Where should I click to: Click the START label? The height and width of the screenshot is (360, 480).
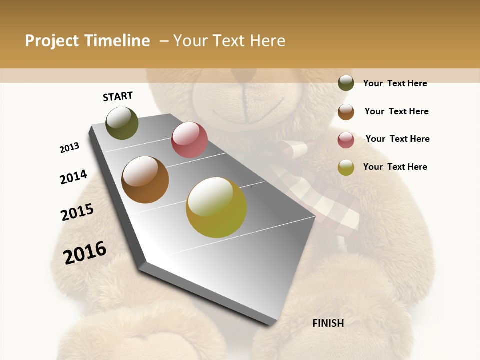pyautogui.click(x=118, y=96)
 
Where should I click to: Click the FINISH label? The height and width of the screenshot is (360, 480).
pyautogui.click(x=328, y=323)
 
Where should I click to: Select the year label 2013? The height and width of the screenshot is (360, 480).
pyautogui.click(x=69, y=148)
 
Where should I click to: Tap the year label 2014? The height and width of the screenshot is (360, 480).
pyautogui.click(x=73, y=177)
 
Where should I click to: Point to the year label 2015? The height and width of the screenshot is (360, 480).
pyautogui.click(x=77, y=212)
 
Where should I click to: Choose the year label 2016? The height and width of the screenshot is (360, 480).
pyautogui.click(x=85, y=253)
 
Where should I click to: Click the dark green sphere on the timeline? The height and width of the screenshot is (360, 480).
pyautogui.click(x=122, y=123)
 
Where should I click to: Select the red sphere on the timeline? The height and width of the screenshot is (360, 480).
pyautogui.click(x=189, y=140)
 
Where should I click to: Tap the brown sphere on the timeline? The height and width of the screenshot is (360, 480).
pyautogui.click(x=145, y=180)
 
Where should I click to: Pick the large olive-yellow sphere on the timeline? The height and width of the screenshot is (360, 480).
pyautogui.click(x=216, y=207)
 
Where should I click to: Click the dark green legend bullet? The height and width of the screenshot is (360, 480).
pyautogui.click(x=346, y=83)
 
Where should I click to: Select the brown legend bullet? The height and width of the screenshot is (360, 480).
pyautogui.click(x=346, y=112)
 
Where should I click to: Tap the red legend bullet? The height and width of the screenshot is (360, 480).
pyautogui.click(x=346, y=140)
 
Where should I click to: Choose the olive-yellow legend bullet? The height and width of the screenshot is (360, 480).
pyautogui.click(x=346, y=168)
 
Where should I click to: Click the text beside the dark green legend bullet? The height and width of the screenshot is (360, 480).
pyautogui.click(x=395, y=83)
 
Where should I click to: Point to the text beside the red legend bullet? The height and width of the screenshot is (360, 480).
pyautogui.click(x=397, y=139)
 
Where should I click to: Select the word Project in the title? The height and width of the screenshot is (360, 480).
pyautogui.click(x=52, y=41)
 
